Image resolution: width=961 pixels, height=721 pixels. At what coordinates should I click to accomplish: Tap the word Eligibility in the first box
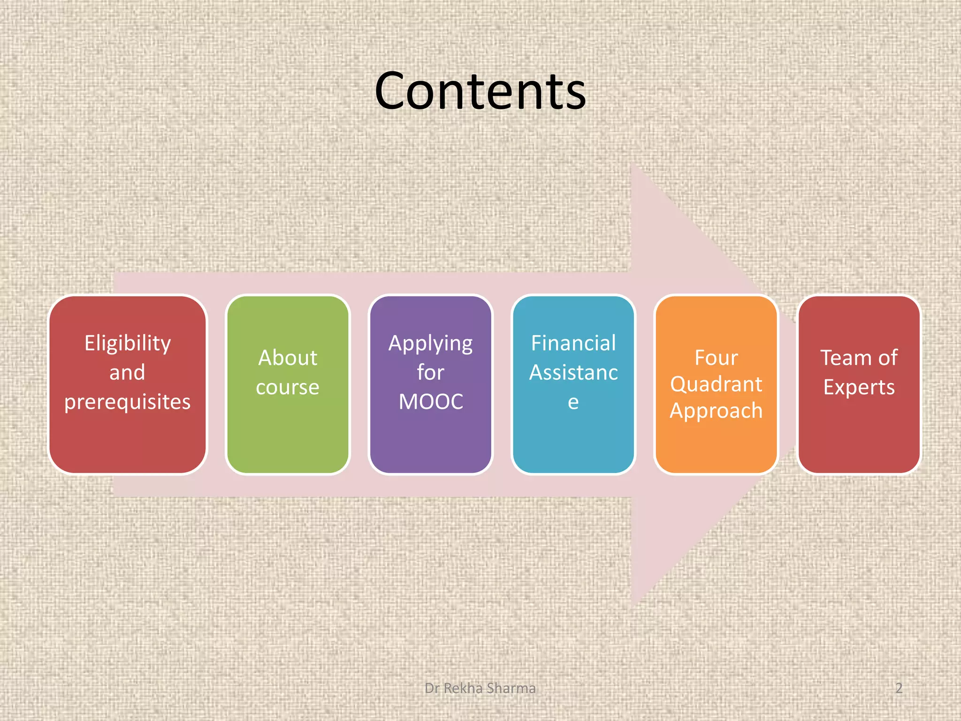point(128,344)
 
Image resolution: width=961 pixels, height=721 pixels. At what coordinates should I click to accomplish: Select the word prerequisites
point(128,402)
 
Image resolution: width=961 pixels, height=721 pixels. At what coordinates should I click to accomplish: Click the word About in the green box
point(288,358)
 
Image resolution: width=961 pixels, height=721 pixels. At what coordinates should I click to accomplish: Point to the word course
point(288,387)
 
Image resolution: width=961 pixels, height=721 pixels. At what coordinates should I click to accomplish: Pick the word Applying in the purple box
point(430,344)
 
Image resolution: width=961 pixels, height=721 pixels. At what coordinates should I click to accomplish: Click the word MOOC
point(431,402)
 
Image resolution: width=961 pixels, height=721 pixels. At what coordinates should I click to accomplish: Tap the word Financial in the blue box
point(573,343)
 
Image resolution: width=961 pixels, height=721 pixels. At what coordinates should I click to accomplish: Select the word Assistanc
point(573,373)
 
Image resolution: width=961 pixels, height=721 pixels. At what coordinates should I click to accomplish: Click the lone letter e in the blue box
point(573,402)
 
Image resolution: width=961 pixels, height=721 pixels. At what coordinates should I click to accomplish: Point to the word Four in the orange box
point(716,358)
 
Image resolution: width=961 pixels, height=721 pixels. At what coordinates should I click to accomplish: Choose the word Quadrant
point(716,384)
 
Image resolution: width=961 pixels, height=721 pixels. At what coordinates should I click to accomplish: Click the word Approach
point(716,411)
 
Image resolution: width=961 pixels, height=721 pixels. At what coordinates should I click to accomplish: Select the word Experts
point(859,387)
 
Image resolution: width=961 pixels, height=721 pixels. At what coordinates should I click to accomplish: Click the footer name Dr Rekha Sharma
point(480,688)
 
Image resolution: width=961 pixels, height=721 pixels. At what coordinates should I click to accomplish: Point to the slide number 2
point(899,688)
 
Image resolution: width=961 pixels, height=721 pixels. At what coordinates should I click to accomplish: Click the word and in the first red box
point(127,373)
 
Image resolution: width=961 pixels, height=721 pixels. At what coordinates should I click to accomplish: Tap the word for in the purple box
point(430,373)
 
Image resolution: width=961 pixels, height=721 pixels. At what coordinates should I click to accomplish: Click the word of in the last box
point(888,358)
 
